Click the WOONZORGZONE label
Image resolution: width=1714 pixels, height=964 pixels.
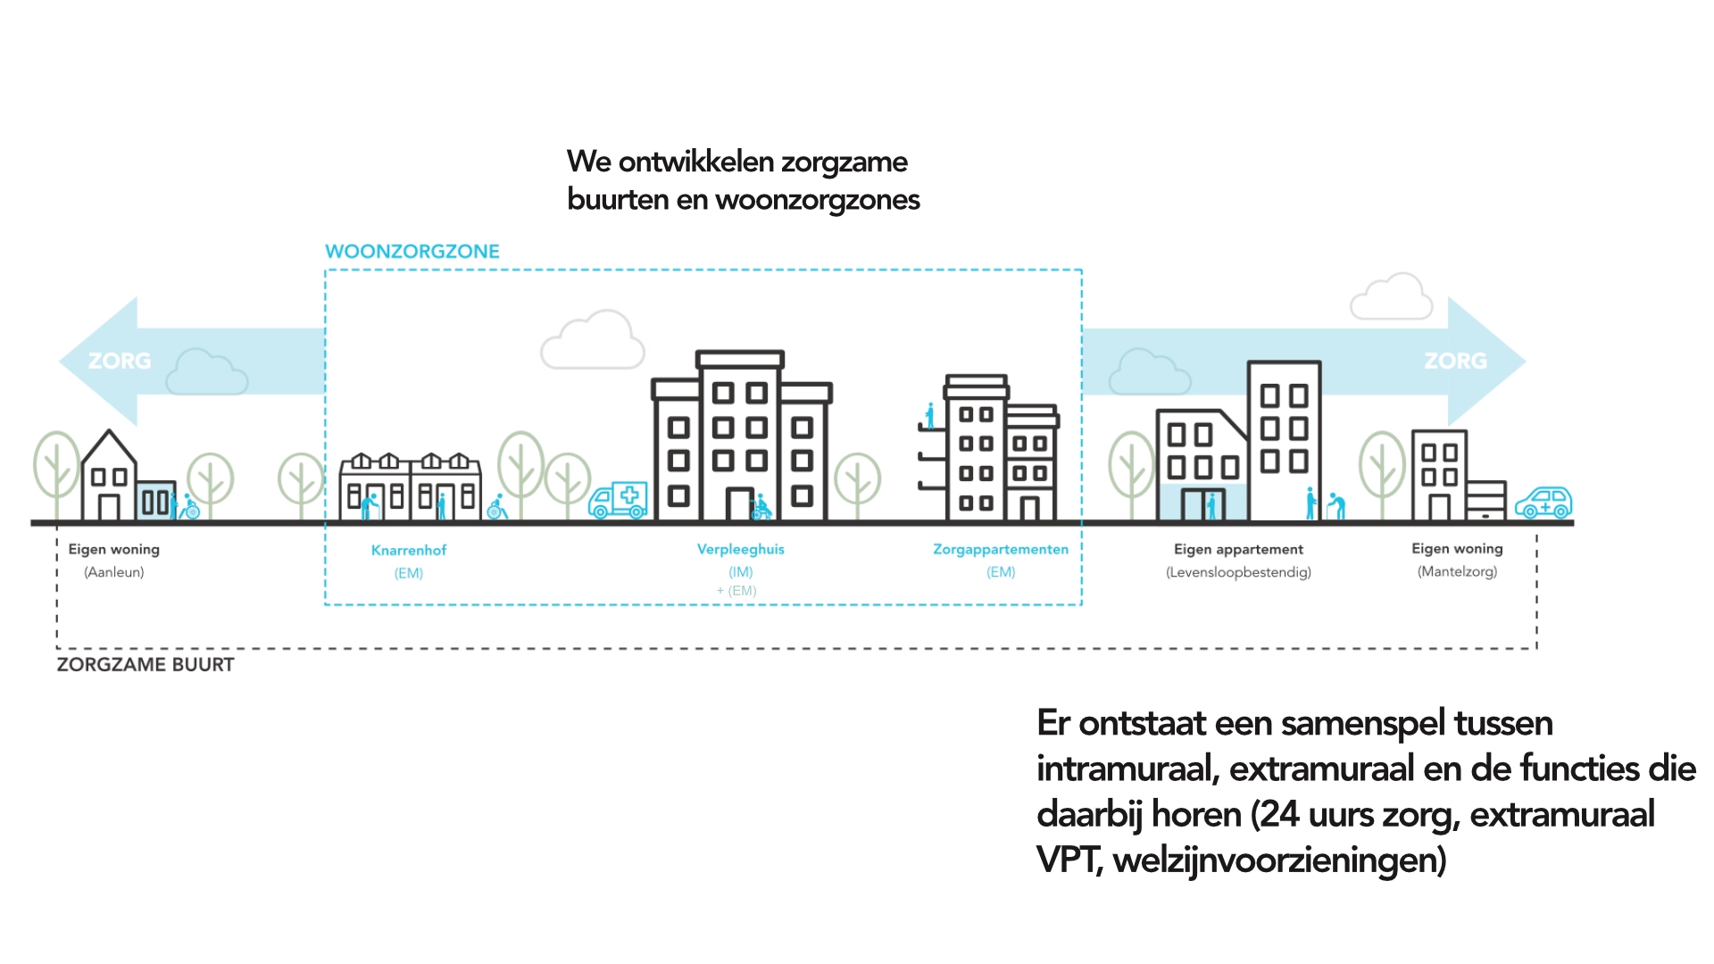[412, 252]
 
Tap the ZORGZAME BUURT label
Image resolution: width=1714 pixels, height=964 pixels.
[146, 665]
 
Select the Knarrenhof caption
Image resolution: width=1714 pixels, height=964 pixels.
[409, 550]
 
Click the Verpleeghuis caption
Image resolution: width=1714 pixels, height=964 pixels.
[740, 549]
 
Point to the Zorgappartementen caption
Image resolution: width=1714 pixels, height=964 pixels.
[1001, 549]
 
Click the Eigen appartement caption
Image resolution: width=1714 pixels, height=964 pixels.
[1238, 549]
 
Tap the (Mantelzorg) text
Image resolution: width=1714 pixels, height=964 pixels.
[1457, 571]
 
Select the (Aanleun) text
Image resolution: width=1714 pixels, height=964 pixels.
[114, 572]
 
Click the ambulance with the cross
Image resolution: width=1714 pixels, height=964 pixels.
[618, 501]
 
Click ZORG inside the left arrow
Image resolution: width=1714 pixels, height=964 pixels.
[120, 361]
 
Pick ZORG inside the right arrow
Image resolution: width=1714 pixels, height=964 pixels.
[1455, 361]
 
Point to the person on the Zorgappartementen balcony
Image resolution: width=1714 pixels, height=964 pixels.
[930, 416]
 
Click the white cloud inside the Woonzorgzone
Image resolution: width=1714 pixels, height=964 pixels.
[593, 341]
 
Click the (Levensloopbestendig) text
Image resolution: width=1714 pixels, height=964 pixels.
[1238, 572]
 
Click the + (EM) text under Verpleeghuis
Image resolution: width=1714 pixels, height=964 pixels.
[736, 591]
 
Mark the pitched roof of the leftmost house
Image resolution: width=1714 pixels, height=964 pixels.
[109, 446]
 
